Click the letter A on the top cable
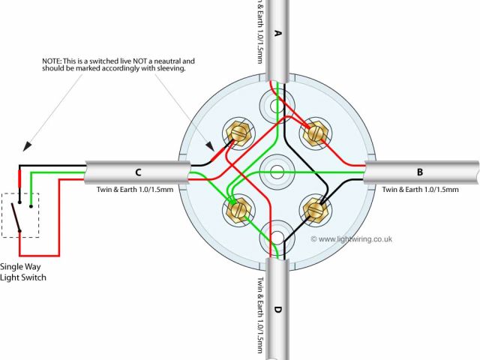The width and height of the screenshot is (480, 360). point(278,33)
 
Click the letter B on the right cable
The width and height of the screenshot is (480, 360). point(419,172)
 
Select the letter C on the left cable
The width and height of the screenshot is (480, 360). point(138,172)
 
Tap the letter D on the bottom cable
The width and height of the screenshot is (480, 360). point(279,309)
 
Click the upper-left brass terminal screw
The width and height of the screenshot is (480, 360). point(239,133)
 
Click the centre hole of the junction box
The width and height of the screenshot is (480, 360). point(276,170)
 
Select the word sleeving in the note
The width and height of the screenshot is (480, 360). point(167,68)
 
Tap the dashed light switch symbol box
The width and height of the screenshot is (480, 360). point(20,214)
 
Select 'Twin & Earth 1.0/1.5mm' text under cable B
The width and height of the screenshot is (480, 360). point(420,190)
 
